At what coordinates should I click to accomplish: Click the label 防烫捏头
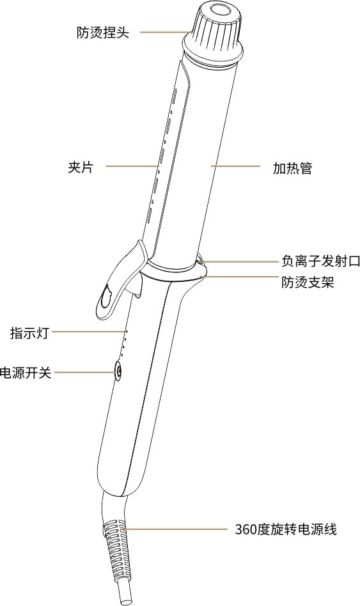tap(102, 32)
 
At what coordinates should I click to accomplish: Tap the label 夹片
tap(81, 167)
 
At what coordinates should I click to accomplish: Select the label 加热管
tap(292, 167)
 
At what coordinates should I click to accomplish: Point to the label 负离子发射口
tap(320, 261)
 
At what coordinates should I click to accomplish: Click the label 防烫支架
tap(308, 283)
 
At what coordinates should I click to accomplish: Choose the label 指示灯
tap(29, 332)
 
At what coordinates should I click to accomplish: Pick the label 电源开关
tap(26, 373)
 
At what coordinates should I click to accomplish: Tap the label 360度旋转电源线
tap(286, 529)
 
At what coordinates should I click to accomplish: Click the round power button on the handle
tap(118, 371)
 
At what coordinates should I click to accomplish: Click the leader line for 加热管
tap(235, 166)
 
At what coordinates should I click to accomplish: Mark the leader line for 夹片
tap(132, 166)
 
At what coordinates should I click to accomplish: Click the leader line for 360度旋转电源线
tap(173, 528)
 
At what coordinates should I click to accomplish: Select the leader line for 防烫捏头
tap(166, 32)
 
